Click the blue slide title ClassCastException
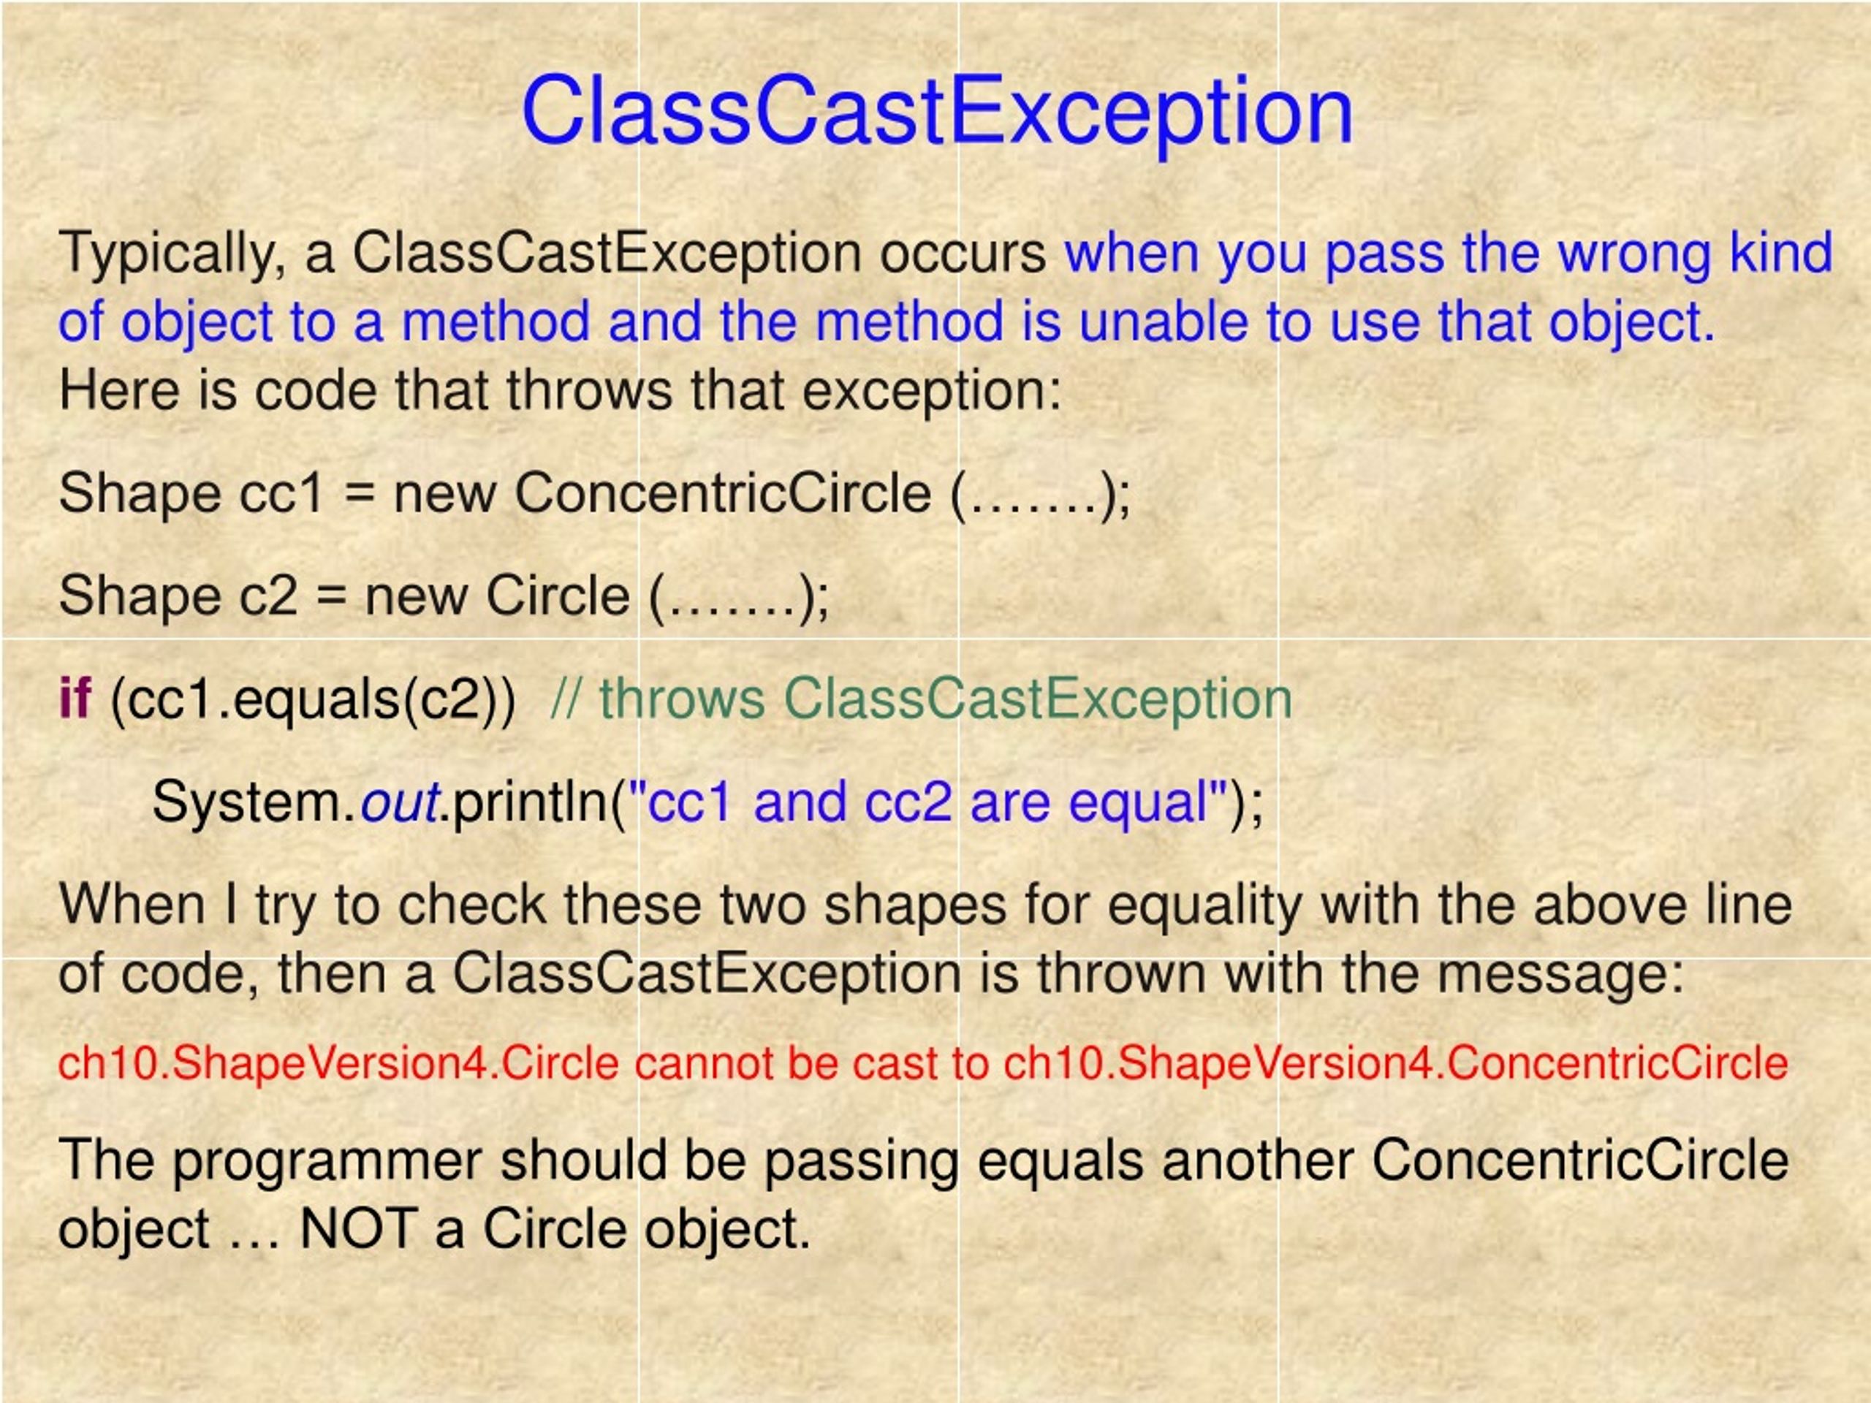pyautogui.click(x=937, y=112)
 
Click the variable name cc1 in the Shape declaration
pyautogui.click(x=281, y=493)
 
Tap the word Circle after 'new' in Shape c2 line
pyautogui.click(x=558, y=596)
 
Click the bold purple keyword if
pyautogui.click(x=74, y=699)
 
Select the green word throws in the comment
pyautogui.click(x=682, y=699)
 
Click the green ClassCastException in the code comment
pyautogui.click(x=1038, y=699)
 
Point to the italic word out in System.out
pyautogui.click(x=398, y=802)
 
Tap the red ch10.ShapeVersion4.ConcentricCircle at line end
pyautogui.click(x=1396, y=1064)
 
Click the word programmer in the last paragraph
pyautogui.click(x=327, y=1160)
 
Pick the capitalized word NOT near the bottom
pyautogui.click(x=358, y=1229)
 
